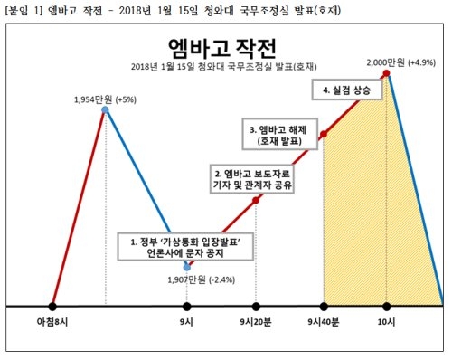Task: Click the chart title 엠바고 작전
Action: point(225,46)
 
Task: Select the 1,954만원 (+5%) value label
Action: point(104,99)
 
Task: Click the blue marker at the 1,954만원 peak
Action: point(105,110)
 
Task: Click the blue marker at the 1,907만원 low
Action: point(187,268)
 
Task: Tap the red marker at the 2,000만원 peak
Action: point(387,73)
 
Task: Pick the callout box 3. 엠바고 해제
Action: point(279,136)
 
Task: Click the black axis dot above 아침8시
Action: point(52,306)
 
